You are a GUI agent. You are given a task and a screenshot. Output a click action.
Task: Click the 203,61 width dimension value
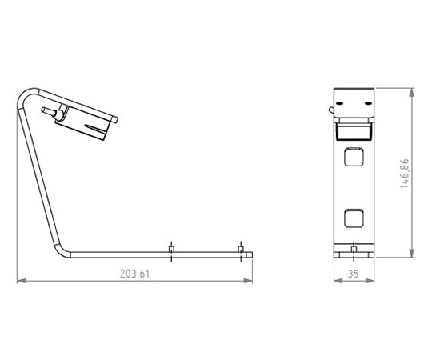click(x=134, y=274)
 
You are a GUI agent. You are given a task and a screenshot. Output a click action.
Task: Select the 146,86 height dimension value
click(x=405, y=174)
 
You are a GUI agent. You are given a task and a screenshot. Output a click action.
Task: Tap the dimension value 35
click(x=354, y=274)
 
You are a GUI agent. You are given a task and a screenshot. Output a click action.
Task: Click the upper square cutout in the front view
click(x=354, y=157)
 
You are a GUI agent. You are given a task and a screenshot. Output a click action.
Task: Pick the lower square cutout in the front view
click(x=354, y=218)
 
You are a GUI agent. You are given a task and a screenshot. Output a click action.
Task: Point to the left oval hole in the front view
click(x=339, y=103)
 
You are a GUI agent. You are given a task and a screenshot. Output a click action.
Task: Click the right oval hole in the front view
click(x=368, y=103)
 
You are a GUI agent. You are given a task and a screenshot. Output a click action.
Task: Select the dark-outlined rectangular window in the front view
click(x=354, y=132)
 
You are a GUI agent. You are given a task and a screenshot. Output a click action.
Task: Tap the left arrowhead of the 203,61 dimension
click(x=22, y=281)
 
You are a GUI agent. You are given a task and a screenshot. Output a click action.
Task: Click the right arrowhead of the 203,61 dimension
click(x=248, y=281)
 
